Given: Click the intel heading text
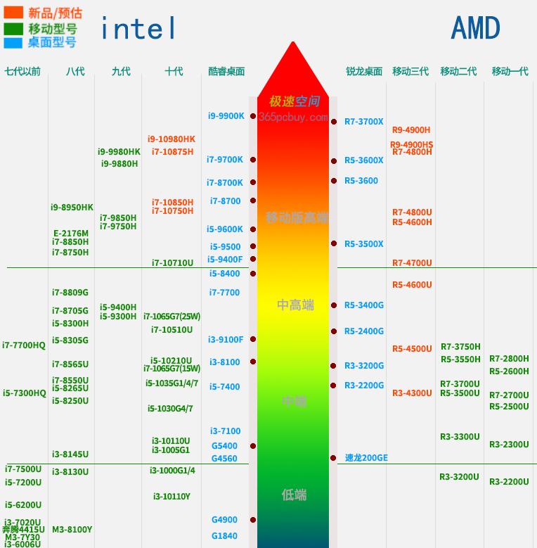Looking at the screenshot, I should (x=138, y=29).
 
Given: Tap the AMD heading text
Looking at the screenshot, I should (x=475, y=28).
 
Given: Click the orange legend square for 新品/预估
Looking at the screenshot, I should (x=13, y=13).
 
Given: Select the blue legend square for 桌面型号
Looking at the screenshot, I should (x=13, y=42).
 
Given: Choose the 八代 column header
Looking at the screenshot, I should (x=75, y=71).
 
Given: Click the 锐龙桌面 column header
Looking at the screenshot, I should (x=364, y=71).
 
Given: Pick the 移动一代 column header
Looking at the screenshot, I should (x=510, y=71).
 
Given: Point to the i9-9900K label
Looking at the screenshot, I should (x=226, y=116).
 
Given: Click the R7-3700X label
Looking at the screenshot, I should (x=363, y=122).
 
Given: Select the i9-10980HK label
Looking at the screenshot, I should (x=172, y=139).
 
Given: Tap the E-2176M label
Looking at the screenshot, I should (x=71, y=234).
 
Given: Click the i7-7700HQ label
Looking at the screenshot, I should (x=24, y=345).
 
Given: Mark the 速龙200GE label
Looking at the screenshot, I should (x=366, y=458).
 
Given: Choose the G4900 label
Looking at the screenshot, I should (x=224, y=520).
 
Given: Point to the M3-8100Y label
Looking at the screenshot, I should (x=72, y=530).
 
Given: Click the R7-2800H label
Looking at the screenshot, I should (x=509, y=359).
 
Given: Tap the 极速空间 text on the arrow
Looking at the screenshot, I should (x=295, y=101).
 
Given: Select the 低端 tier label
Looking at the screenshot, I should (x=294, y=495).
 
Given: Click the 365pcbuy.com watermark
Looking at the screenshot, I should (x=293, y=117).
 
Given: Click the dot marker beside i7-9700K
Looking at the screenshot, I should (x=253, y=160).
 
